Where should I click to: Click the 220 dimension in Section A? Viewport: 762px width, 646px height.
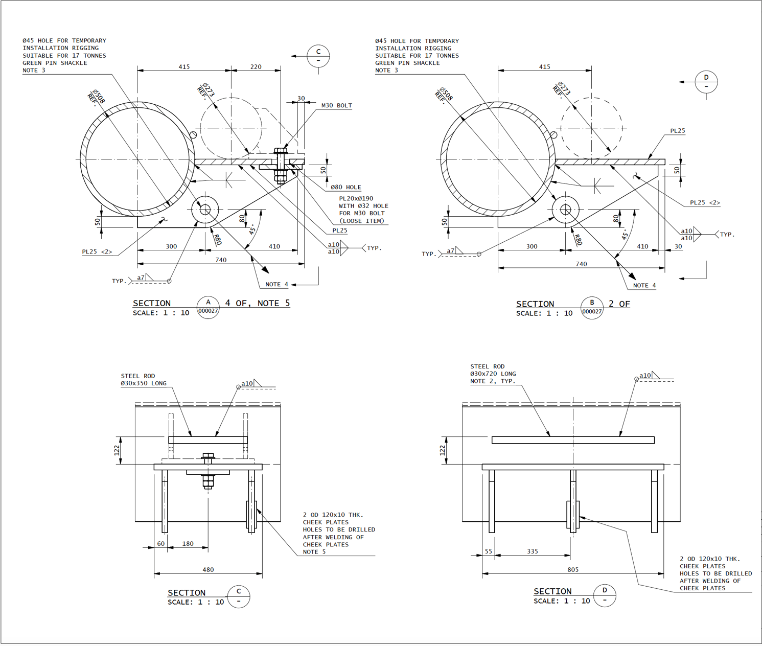tap(256, 67)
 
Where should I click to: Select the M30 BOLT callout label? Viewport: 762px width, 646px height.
tap(336, 106)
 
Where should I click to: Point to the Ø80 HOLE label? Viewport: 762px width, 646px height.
tap(345, 188)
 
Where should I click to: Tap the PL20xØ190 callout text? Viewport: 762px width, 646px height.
tap(356, 199)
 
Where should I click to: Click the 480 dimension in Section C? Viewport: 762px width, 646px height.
tap(208, 569)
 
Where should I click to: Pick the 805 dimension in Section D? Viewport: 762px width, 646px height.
tap(573, 569)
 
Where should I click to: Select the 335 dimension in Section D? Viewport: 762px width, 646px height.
tap(532, 551)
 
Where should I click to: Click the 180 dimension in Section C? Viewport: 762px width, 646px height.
tap(188, 544)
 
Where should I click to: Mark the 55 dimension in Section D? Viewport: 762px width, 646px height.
tap(488, 551)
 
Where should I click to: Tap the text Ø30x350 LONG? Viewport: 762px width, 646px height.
tap(144, 383)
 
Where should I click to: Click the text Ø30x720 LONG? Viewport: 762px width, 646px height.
tap(493, 374)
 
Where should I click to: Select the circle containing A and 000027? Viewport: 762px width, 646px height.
tap(208, 307)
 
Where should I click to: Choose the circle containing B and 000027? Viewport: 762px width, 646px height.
tap(592, 308)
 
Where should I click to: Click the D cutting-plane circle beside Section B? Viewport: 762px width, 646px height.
tap(706, 82)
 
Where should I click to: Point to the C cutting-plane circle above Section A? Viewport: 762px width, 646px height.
tap(318, 56)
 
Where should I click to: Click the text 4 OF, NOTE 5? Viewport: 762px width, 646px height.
tap(258, 303)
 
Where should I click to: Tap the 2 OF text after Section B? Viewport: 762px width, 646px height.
tap(619, 304)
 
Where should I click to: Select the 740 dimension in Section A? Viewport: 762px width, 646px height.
tap(221, 260)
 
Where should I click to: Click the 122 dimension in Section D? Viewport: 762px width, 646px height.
tap(443, 450)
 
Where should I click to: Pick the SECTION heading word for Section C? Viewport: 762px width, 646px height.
tap(187, 593)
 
